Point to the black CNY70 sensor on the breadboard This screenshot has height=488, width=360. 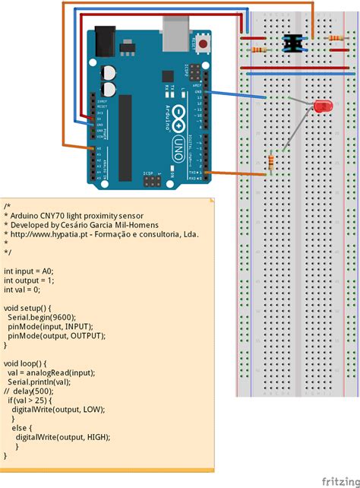(290, 43)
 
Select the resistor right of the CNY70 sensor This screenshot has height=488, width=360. (332, 38)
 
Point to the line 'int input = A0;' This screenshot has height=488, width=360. (29, 271)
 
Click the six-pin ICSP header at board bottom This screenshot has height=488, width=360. (151, 182)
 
